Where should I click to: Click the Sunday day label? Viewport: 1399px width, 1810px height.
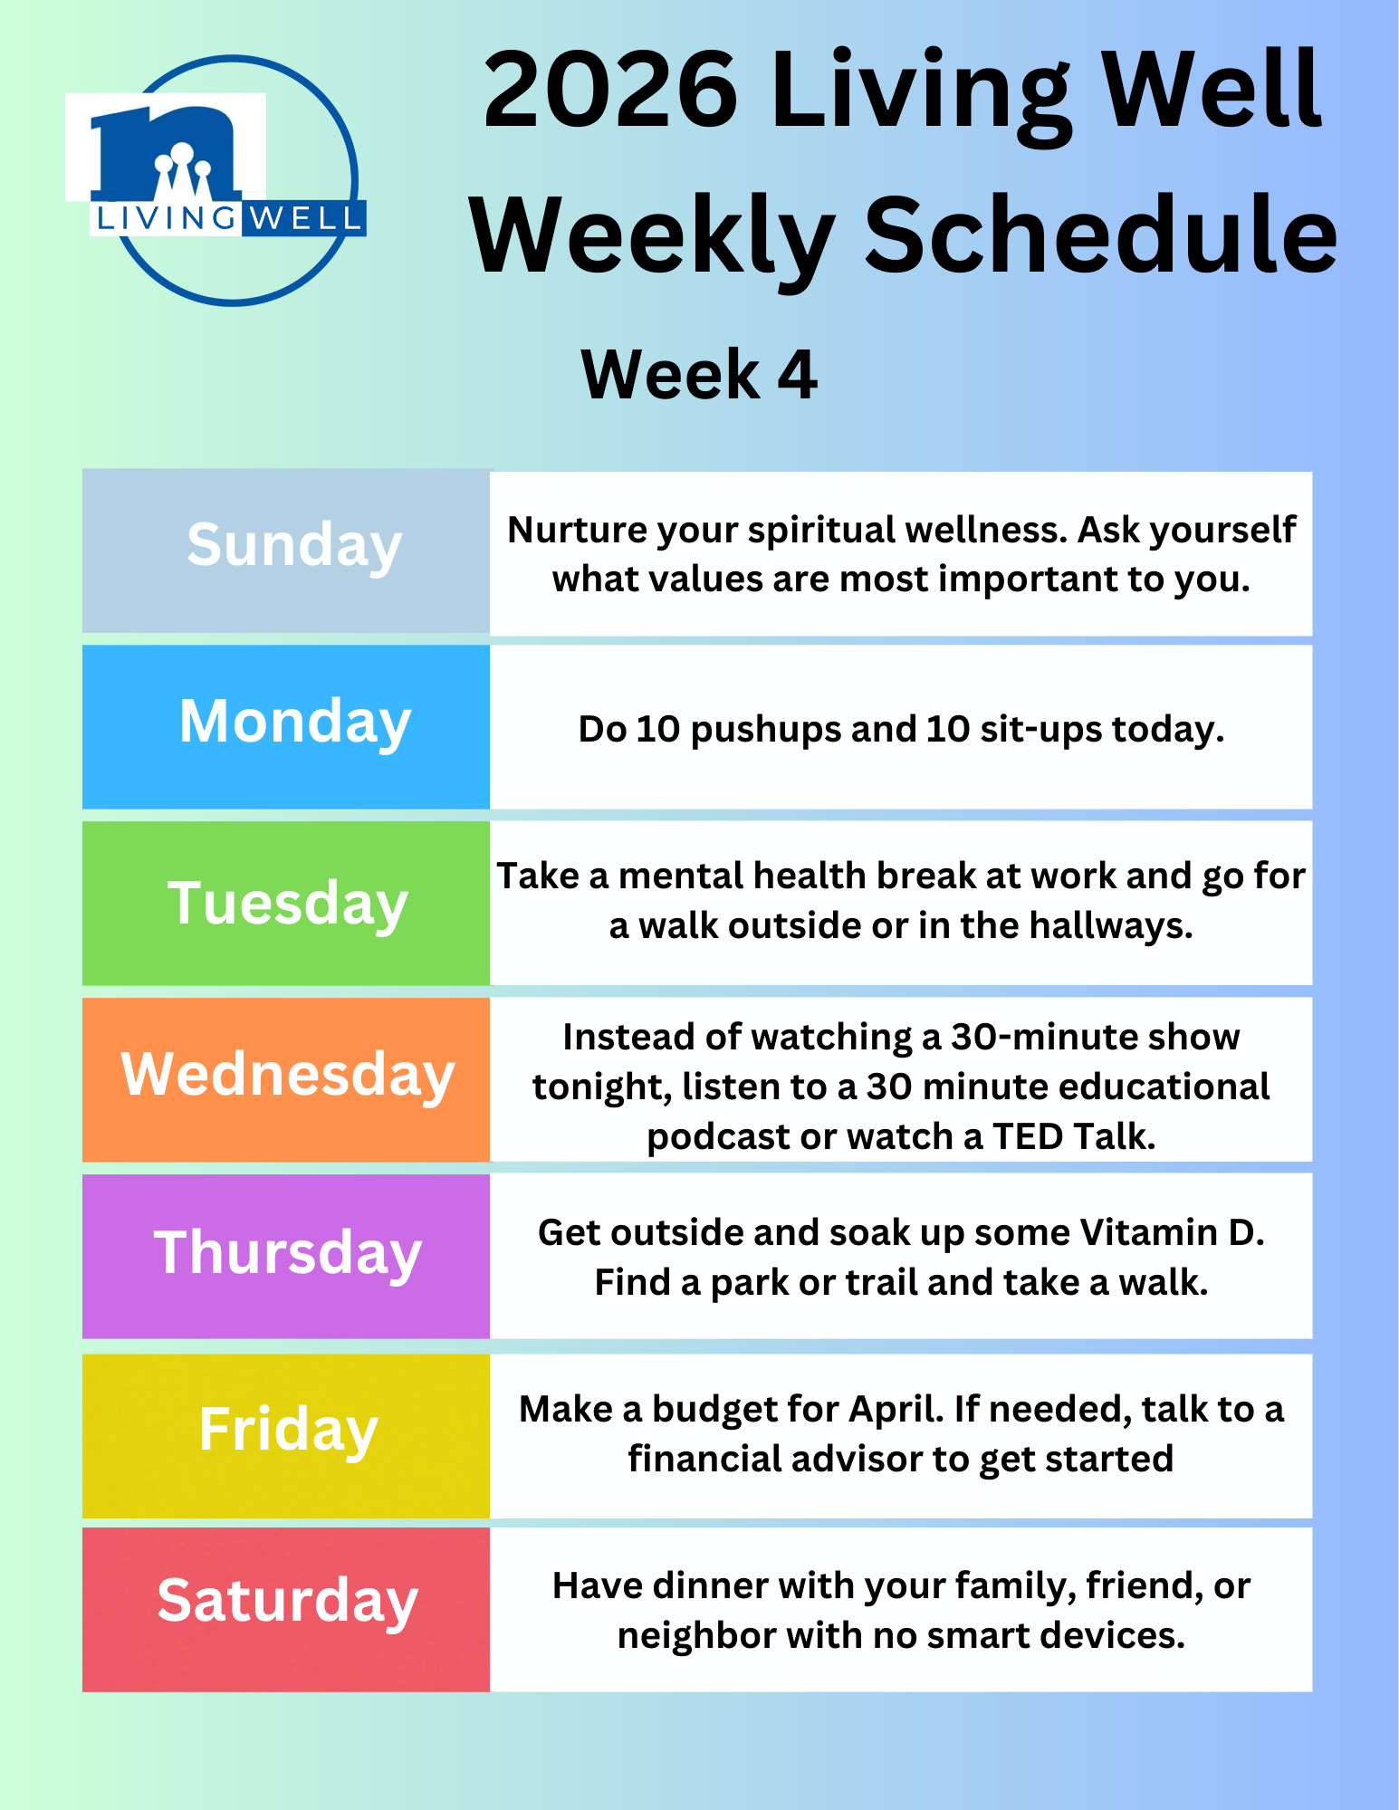pos(294,547)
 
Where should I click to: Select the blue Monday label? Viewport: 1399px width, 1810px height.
pos(295,723)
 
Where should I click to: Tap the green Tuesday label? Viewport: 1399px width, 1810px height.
pos(288,905)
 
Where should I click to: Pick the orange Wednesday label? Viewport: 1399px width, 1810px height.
pos(288,1076)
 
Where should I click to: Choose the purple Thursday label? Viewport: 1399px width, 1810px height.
pos(288,1254)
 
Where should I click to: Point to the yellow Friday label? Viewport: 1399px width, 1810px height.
pos(288,1431)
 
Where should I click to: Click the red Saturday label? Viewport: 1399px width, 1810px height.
pos(288,1602)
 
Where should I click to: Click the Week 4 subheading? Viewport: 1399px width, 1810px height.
pos(699,374)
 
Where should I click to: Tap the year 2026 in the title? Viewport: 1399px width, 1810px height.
pos(611,91)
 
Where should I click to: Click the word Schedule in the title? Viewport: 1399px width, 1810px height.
pos(1102,238)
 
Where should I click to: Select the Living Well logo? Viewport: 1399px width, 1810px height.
pos(216,180)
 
